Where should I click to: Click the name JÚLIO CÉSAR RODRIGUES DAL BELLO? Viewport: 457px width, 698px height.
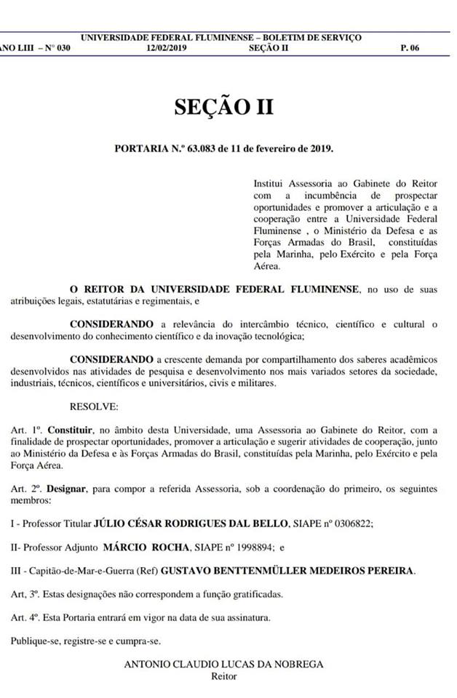[x=191, y=523]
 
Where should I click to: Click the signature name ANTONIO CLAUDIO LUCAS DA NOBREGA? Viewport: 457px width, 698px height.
[x=223, y=664]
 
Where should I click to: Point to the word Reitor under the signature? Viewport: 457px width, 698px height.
[x=223, y=676]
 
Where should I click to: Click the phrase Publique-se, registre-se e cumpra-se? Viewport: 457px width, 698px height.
[x=85, y=641]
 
